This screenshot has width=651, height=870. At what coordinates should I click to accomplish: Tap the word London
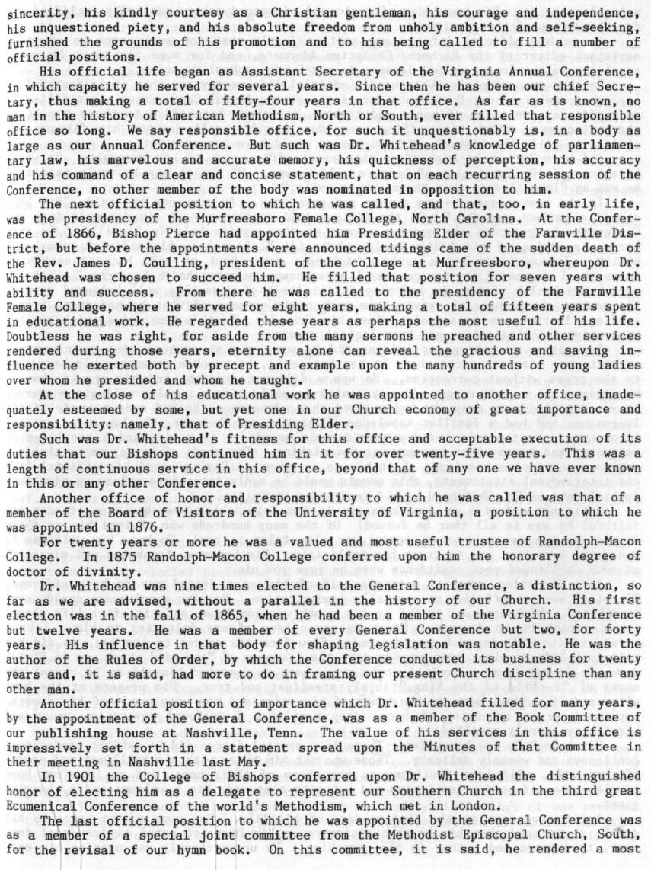449,804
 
